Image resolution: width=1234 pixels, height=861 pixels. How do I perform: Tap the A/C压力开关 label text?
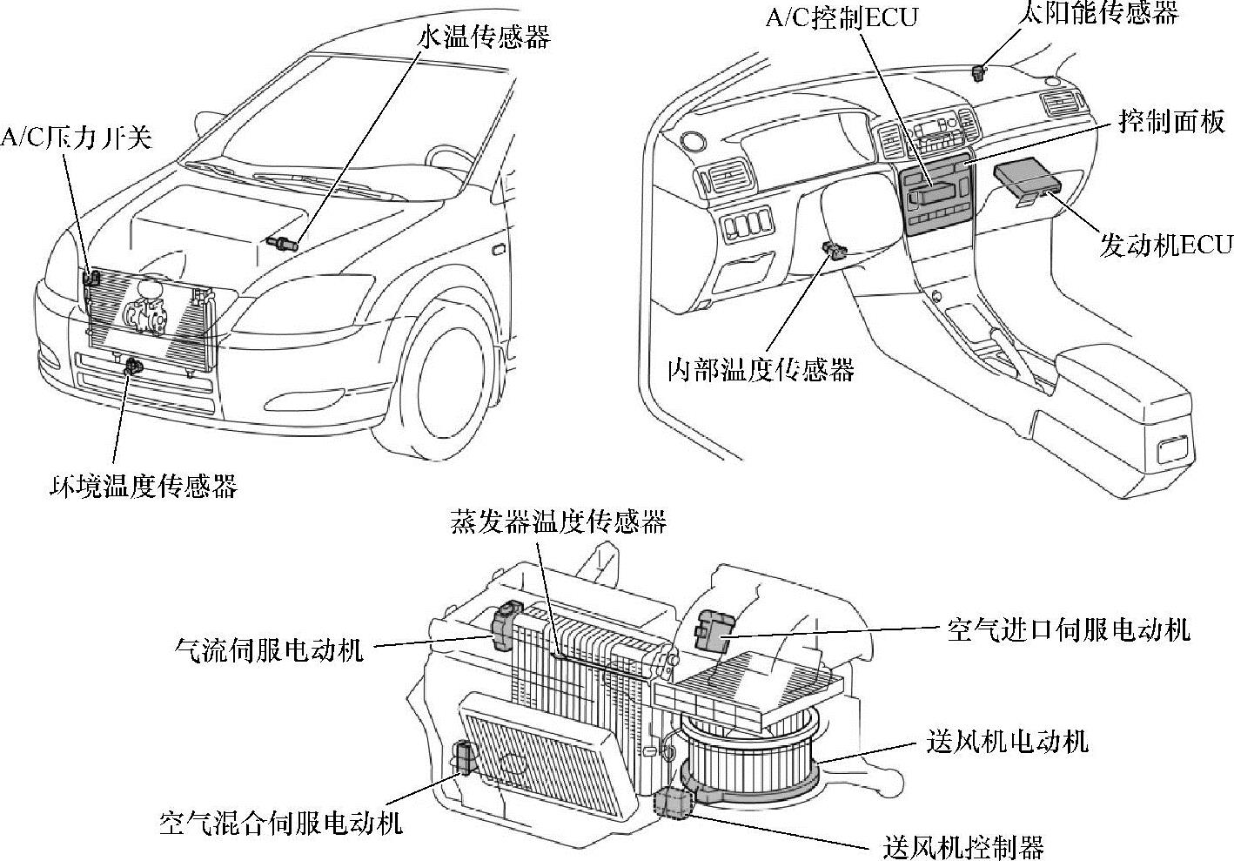pyautogui.click(x=76, y=137)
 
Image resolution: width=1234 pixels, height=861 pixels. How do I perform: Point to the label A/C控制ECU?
pyautogui.click(x=842, y=18)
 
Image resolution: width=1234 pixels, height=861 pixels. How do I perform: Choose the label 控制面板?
pyautogui.click(x=1171, y=122)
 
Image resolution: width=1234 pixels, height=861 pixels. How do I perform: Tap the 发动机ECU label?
pyautogui.click(x=1166, y=245)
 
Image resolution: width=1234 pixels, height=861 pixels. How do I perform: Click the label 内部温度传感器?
pyautogui.click(x=761, y=370)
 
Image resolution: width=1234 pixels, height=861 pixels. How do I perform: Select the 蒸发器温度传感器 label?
pyautogui.click(x=559, y=521)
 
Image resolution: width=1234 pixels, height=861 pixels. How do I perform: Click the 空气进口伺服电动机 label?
pyautogui.click(x=1068, y=629)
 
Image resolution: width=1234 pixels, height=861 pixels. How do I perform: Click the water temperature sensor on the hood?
pyautogui.click(x=284, y=242)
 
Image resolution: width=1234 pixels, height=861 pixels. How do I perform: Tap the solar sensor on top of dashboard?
pyautogui.click(x=979, y=71)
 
